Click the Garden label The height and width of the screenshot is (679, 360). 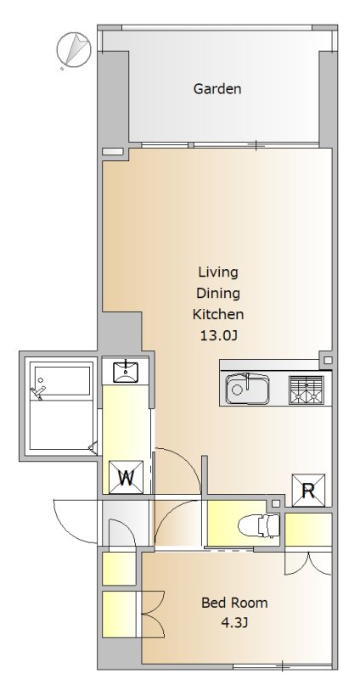click(217, 89)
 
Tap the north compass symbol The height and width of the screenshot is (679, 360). click(74, 50)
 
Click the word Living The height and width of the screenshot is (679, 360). click(218, 272)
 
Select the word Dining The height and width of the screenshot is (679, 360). click(218, 294)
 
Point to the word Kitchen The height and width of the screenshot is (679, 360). click(218, 314)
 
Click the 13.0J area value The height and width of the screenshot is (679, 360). click(218, 335)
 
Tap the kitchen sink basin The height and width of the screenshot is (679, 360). click(247, 389)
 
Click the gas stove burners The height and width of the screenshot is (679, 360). click(307, 390)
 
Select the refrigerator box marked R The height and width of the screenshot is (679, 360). click(308, 491)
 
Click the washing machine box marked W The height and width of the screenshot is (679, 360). click(126, 477)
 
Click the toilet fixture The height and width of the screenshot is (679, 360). click(259, 525)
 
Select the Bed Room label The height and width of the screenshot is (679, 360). click(234, 603)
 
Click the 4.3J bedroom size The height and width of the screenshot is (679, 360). click(234, 623)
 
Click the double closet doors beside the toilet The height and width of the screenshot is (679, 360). click(308, 563)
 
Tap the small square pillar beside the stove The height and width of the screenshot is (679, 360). click(328, 360)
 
